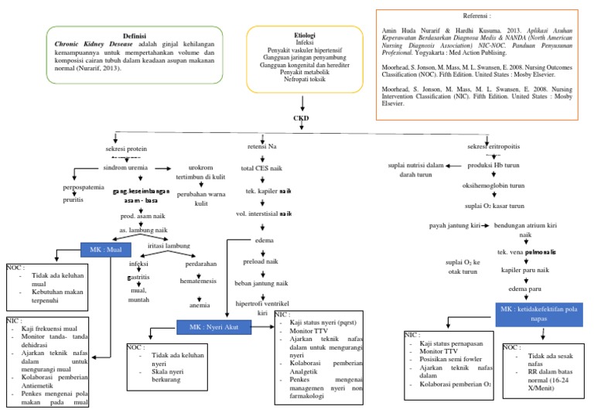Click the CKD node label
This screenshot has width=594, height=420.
[301, 118]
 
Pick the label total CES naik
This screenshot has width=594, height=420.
[261, 168]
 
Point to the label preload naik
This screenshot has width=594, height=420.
[261, 261]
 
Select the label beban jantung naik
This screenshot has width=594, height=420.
[261, 283]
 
